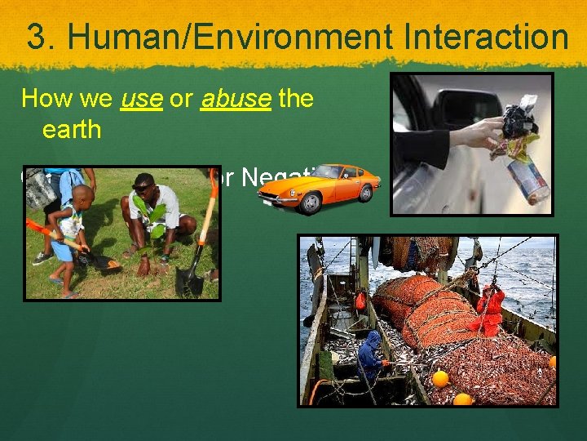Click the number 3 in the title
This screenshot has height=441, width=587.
[x=37, y=37]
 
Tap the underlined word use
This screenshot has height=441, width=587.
[x=142, y=99]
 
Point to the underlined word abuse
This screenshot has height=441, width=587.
[x=236, y=99]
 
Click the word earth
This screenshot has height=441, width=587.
[x=71, y=129]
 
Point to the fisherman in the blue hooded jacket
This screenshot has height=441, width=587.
[x=371, y=356]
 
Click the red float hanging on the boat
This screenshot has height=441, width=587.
[x=360, y=301]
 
